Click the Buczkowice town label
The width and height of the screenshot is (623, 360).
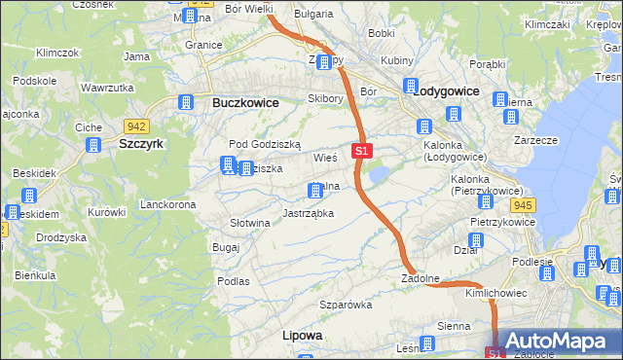[x=245, y=102]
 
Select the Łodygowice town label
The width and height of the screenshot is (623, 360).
[x=446, y=90]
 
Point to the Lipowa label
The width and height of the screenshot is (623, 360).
[x=302, y=335]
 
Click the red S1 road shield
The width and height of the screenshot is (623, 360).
[x=361, y=151]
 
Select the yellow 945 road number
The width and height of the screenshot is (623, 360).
[x=523, y=204]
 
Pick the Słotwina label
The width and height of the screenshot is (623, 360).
[x=249, y=223]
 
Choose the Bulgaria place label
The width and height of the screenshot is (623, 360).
[x=313, y=15]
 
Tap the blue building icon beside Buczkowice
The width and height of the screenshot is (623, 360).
[x=186, y=101]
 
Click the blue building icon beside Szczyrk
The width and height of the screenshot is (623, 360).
[x=93, y=145]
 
